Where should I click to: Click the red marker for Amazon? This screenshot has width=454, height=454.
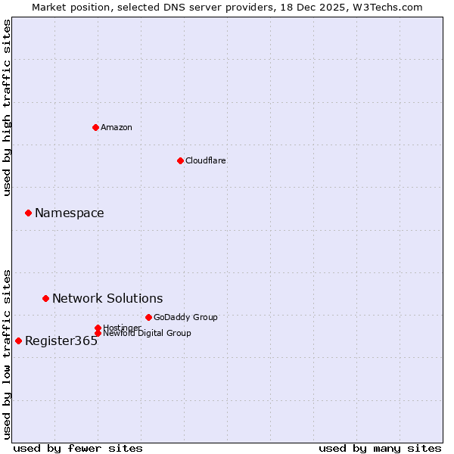click(95, 127)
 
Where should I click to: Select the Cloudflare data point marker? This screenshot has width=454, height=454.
click(180, 160)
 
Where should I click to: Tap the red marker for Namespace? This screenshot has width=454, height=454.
click(28, 213)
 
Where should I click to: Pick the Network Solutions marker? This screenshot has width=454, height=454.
click(45, 298)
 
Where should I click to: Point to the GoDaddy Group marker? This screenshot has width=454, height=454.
click(148, 317)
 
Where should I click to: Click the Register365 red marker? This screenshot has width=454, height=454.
click(18, 340)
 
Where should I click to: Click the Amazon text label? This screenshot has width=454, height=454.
click(117, 127)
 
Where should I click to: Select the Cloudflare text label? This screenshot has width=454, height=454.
click(206, 160)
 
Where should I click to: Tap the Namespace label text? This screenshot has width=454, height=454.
click(70, 213)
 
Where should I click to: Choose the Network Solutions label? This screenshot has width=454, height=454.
click(107, 299)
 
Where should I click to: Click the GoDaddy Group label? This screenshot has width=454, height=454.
click(185, 317)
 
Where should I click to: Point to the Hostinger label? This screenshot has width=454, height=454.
click(122, 328)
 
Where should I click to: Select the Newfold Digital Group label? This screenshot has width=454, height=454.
click(147, 333)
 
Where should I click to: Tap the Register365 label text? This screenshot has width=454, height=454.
click(61, 341)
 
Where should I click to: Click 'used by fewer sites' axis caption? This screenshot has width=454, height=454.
click(78, 448)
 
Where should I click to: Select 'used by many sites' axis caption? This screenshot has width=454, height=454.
click(380, 448)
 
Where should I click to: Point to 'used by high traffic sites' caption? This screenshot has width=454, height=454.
click(8, 107)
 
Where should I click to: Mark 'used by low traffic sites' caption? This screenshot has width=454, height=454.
click(8, 353)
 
